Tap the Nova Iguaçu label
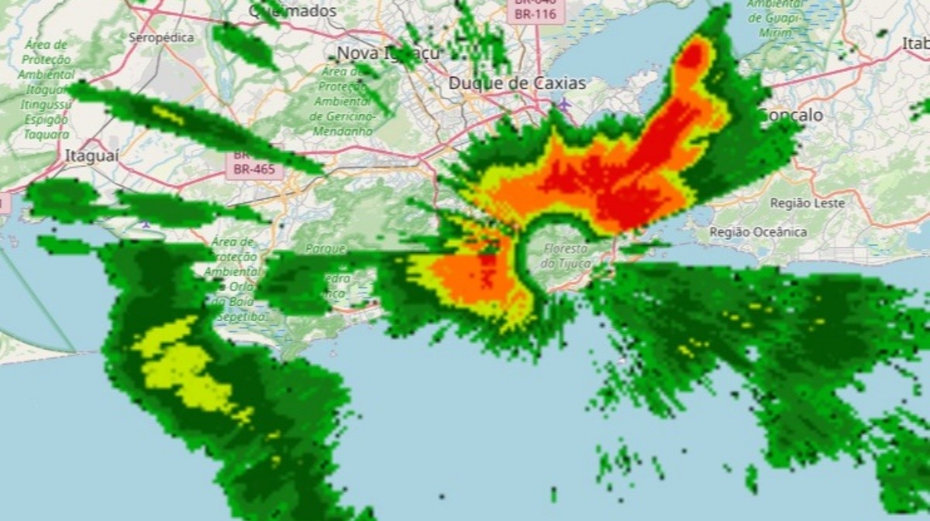coord(388,53)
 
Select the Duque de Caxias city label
coord(518,82)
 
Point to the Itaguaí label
coord(91,155)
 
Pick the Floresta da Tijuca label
coord(567,256)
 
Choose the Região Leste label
coord(807,203)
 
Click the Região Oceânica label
coord(758,231)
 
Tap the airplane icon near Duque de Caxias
coord(565,103)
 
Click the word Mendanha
coord(342,132)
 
